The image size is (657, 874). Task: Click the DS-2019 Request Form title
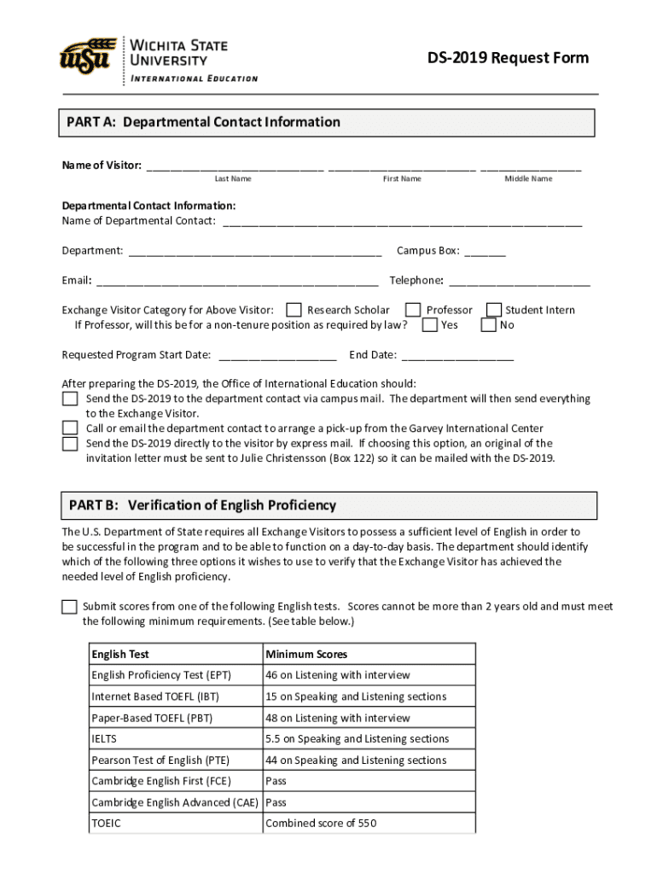pyautogui.click(x=508, y=58)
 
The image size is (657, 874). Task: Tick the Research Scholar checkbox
pyautogui.click(x=294, y=310)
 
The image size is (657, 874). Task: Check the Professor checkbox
pyautogui.click(x=413, y=310)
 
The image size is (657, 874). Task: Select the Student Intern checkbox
pyautogui.click(x=493, y=310)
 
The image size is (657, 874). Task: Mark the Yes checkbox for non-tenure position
pyautogui.click(x=430, y=325)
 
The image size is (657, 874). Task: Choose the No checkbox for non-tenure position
pyautogui.click(x=489, y=325)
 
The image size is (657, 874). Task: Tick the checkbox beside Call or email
pyautogui.click(x=70, y=428)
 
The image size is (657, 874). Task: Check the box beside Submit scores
pyautogui.click(x=69, y=607)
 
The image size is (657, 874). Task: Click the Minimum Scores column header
pyautogui.click(x=306, y=655)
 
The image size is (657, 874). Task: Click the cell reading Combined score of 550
pyautogui.click(x=321, y=824)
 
